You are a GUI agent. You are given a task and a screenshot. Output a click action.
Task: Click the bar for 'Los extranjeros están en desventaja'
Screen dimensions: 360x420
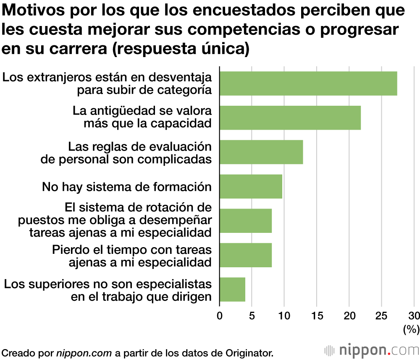coord(308,83)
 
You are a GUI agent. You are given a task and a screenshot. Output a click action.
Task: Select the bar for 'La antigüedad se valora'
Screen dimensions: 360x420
coord(290,118)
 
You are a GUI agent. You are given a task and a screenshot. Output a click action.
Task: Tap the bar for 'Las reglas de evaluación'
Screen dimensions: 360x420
coord(261,152)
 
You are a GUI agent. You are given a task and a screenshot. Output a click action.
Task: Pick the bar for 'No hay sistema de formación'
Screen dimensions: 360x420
coord(251,186)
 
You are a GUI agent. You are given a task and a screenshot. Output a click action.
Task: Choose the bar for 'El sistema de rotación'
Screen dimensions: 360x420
coord(246,221)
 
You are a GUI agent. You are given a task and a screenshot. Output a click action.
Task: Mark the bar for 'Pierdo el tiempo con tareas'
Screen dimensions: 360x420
coord(246,255)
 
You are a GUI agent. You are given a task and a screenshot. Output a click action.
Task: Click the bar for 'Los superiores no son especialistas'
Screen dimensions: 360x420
coord(232,290)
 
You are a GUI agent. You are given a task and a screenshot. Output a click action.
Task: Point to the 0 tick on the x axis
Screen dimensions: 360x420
coord(220,316)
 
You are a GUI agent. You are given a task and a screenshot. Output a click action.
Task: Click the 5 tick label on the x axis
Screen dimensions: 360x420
coord(252,316)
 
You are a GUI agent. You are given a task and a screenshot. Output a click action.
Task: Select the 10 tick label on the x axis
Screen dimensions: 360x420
coord(284,316)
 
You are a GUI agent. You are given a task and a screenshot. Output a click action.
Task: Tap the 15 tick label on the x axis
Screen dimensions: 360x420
coord(317,316)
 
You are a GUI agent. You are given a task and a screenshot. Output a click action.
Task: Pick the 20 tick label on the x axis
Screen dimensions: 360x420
coord(349,316)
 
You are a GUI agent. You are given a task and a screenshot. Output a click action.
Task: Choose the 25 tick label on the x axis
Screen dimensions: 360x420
coord(381,316)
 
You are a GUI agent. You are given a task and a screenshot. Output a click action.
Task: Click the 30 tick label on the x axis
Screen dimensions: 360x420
coord(414,316)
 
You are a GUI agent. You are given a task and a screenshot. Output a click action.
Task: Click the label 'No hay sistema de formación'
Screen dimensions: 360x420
coord(126,187)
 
